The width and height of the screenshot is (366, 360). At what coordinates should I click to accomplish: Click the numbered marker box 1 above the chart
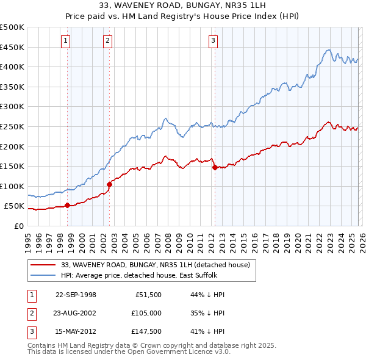click(65, 41)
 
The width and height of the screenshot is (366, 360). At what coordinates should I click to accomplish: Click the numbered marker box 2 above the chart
click(107, 41)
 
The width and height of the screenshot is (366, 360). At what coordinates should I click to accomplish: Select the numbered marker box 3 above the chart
click(213, 41)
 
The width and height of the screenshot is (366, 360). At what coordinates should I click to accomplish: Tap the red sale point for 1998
click(68, 205)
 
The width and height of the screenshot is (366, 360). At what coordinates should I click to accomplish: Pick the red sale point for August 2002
click(109, 184)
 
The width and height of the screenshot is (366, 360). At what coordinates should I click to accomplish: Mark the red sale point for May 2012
click(215, 167)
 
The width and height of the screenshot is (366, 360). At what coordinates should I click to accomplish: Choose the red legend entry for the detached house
click(156, 265)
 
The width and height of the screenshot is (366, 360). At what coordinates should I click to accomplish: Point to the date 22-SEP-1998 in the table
click(76, 294)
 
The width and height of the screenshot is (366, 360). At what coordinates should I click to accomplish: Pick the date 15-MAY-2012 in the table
click(76, 332)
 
